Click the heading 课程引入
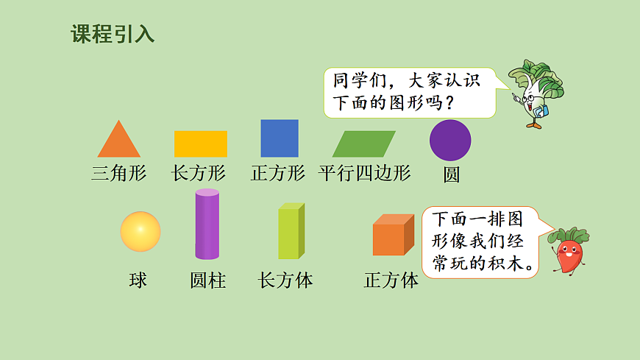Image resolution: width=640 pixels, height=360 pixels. click(x=113, y=35)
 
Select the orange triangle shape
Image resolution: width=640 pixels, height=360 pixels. click(x=118, y=142)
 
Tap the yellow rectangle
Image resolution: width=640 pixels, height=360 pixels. click(x=201, y=144)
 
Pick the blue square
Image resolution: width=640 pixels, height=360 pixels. click(x=280, y=138)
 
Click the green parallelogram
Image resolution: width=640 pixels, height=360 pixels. click(x=363, y=144)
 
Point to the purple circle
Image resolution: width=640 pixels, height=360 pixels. click(x=450, y=140)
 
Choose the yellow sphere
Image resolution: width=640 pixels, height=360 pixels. click(x=141, y=231)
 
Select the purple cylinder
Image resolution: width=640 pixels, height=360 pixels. click(x=207, y=225)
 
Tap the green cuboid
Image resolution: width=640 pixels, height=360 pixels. click(x=291, y=231)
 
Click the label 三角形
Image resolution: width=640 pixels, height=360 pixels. click(x=119, y=174)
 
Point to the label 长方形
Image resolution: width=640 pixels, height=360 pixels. click(x=199, y=174)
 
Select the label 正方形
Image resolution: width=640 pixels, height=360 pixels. click(x=278, y=174)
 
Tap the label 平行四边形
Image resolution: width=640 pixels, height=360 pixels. click(x=365, y=174)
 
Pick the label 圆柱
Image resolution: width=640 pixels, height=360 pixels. click(x=207, y=280)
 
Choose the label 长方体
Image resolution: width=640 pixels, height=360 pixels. click(x=285, y=280)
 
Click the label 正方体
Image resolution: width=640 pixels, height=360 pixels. click(x=391, y=280)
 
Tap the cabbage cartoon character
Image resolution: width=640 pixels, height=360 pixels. click(x=535, y=92)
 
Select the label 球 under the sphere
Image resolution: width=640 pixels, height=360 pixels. click(x=138, y=280)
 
